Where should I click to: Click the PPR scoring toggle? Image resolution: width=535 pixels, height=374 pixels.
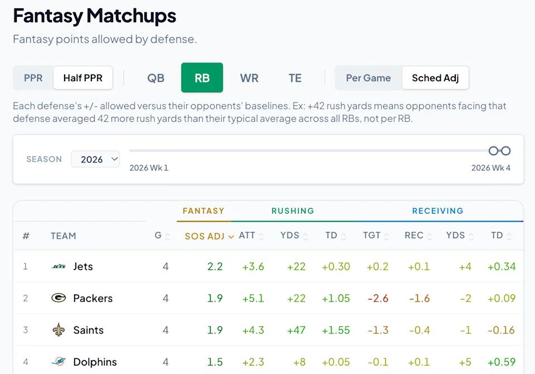33,78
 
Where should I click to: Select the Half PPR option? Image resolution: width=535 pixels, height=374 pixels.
83,78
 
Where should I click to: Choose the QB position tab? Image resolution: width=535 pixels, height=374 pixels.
155,78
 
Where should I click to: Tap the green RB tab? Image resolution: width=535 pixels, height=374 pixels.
202,78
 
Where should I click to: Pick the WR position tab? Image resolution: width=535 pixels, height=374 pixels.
249,78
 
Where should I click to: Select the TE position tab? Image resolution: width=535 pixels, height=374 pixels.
295,78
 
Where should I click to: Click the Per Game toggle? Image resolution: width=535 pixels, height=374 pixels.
368,78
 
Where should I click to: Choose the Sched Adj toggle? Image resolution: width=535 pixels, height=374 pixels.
435,78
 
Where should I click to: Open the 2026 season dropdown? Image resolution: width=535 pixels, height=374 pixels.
95,159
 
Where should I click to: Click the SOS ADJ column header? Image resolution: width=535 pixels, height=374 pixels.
209,236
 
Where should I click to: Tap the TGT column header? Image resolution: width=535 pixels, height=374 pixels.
372,235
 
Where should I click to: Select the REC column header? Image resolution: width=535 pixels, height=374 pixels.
414,235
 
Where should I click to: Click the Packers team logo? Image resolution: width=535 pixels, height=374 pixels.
59,298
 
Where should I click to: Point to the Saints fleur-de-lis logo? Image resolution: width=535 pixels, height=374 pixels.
59,329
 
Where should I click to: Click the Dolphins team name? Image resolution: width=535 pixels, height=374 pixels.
95,362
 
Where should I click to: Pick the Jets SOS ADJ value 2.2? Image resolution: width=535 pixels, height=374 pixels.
215,267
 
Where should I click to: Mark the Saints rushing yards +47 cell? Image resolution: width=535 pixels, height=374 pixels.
296,330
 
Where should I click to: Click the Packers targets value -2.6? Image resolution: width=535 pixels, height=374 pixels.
378,298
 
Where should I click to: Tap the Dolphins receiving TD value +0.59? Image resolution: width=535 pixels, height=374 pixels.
502,362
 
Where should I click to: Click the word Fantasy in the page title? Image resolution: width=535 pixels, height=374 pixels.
48,16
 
